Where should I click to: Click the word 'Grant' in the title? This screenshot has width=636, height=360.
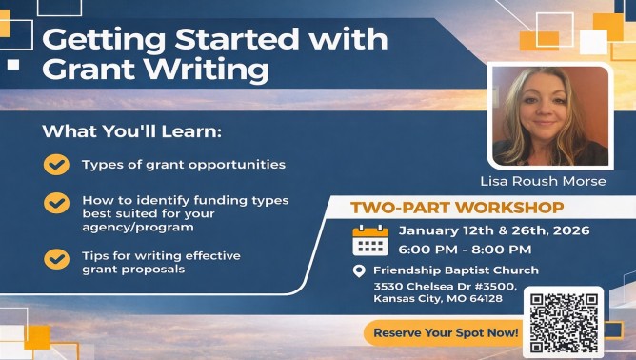click(89, 70)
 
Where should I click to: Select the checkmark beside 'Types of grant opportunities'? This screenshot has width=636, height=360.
click(56, 165)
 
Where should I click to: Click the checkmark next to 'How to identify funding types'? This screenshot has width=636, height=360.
click(56, 204)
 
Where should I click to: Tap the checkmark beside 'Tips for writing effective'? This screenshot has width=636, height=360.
click(56, 258)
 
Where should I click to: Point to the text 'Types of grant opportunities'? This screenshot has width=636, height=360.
click(183, 165)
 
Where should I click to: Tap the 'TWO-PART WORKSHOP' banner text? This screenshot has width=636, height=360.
click(457, 208)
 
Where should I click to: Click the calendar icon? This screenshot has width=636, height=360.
click(370, 241)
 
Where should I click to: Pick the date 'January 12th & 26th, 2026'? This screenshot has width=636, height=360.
click(493, 231)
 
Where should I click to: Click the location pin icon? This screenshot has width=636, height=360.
click(359, 271)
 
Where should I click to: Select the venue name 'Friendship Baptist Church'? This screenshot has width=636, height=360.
click(455, 270)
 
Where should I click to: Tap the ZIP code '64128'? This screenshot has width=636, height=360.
click(485, 299)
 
